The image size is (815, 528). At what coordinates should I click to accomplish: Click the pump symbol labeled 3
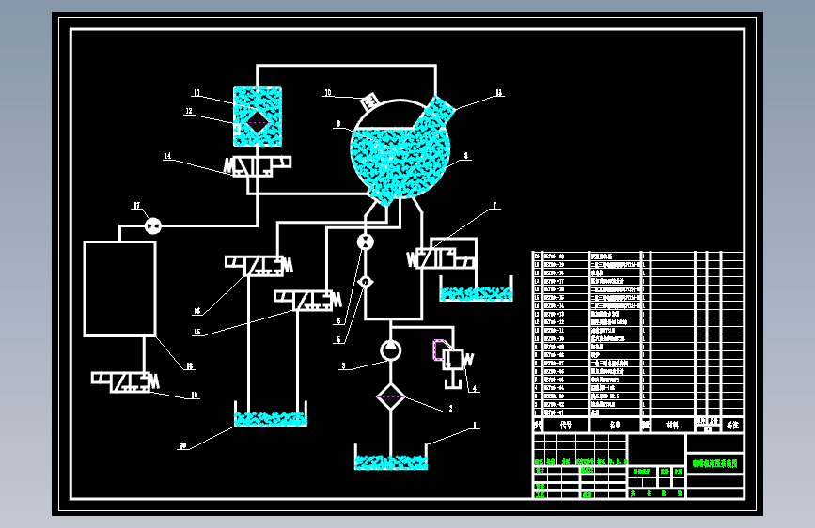390,351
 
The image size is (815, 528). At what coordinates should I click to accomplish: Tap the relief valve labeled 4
453,359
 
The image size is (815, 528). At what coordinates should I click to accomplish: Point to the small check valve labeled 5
366,282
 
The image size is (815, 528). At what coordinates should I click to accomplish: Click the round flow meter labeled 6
365,242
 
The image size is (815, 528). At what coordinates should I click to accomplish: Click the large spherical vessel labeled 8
400,150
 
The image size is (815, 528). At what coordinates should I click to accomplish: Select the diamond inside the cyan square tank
257,122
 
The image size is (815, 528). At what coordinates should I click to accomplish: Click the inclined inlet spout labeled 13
437,115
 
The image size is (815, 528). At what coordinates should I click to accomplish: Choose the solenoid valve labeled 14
257,167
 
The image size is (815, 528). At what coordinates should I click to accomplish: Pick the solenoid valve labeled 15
306,300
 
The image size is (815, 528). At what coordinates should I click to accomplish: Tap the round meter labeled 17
152,225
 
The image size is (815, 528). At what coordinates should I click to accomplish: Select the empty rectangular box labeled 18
119,288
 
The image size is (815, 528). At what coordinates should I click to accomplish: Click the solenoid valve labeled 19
123,381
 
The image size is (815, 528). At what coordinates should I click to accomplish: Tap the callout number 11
197,93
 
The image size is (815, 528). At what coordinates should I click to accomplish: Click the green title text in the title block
714,463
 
